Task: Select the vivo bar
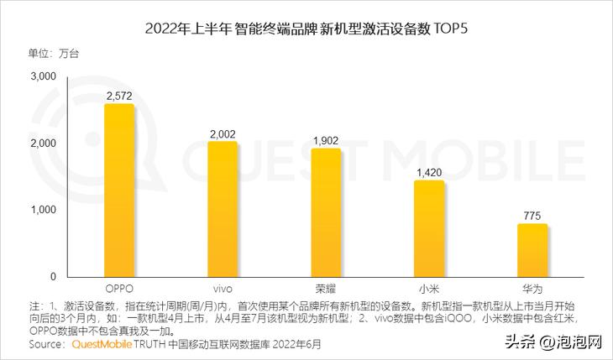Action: [x=223, y=209]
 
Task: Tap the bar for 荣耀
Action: [x=326, y=212]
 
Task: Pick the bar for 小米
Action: [x=429, y=228]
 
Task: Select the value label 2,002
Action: [x=223, y=134]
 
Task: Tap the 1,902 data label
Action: [x=326, y=141]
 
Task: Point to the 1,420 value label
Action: [x=429, y=173]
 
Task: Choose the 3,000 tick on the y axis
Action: [x=43, y=77]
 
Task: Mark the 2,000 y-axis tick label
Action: [x=43, y=143]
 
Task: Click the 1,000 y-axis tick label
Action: [x=43, y=210]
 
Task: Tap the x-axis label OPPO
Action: [x=118, y=288]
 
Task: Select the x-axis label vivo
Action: [x=223, y=288]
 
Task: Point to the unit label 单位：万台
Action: [x=54, y=54]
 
